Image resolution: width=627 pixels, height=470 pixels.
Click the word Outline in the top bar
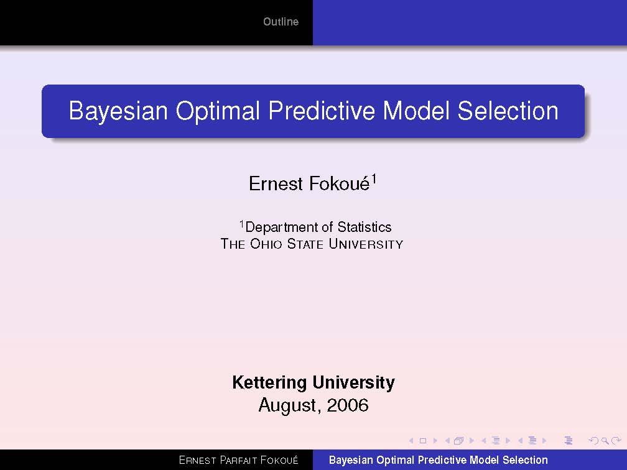click(281, 22)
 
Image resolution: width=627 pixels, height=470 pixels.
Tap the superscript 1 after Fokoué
click(374, 180)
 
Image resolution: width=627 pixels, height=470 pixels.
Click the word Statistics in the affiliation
click(365, 228)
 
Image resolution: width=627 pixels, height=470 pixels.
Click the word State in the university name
click(305, 244)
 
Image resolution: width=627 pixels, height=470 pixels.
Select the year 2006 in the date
click(348, 406)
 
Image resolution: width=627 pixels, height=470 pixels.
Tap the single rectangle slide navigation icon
click(423, 441)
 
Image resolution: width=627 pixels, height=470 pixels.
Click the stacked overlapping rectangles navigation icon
click(459, 441)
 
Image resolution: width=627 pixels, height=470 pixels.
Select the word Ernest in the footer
click(198, 461)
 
